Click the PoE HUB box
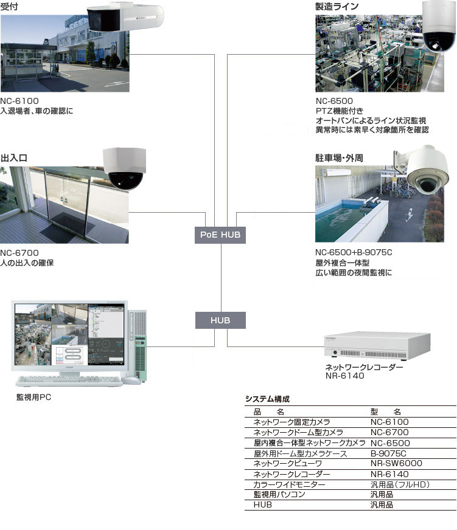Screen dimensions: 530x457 (220, 234)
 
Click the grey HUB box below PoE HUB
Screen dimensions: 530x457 (220, 320)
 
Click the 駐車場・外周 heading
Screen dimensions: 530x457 (339, 158)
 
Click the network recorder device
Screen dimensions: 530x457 (372, 347)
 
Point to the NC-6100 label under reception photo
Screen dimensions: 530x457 (19, 101)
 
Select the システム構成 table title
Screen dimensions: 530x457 (267, 399)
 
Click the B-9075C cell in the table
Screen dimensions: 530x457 (388, 453)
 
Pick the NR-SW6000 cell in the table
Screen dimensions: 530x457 (396, 464)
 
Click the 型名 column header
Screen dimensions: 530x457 (385, 411)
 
